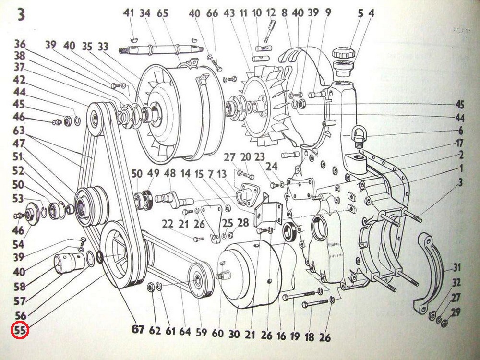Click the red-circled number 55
[x=20, y=331]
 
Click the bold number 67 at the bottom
[x=138, y=329]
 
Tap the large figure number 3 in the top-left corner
[x=20, y=14]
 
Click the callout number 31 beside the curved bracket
[x=457, y=267]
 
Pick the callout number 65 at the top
[x=163, y=14]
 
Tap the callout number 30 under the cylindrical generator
[x=234, y=334]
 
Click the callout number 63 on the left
[x=19, y=131]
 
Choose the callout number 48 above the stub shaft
[x=169, y=174]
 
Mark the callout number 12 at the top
[x=271, y=13]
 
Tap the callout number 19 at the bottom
[x=295, y=336]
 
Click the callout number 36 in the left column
[x=20, y=44]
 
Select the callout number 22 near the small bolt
[x=168, y=224]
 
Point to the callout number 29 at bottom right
[x=456, y=312]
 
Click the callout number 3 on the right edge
[x=460, y=182]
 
